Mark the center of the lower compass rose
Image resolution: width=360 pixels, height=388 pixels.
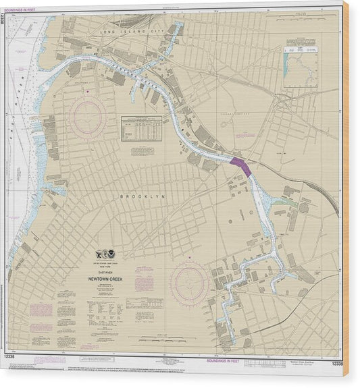coord(188,282)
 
